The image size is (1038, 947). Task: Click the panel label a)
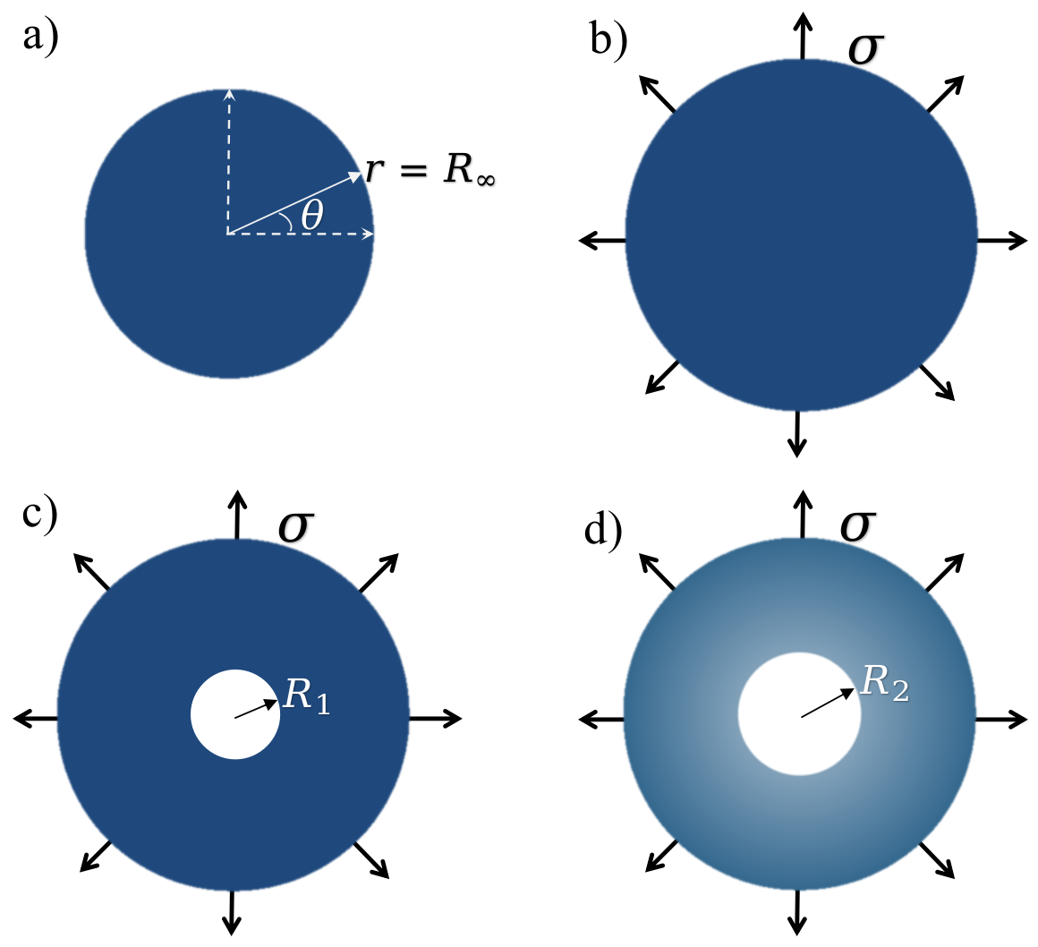[x=41, y=39]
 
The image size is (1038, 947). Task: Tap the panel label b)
[x=608, y=39]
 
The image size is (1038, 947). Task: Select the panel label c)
[x=41, y=516]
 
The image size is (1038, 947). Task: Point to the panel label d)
[x=603, y=529]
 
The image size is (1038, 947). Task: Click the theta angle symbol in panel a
[x=312, y=215]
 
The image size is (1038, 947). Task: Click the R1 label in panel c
[x=307, y=695]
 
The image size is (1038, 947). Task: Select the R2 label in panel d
[x=884, y=683]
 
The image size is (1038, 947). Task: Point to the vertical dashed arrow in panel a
[x=229, y=161]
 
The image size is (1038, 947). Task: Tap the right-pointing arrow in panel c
[x=436, y=717]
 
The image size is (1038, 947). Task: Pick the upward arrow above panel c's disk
[x=236, y=515]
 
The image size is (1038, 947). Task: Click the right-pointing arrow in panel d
[x=1000, y=718]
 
